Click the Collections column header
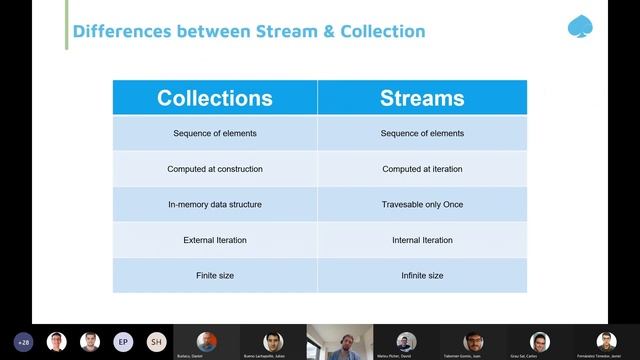pyautogui.click(x=215, y=98)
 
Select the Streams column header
pyautogui.click(x=422, y=98)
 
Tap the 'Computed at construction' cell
pyautogui.click(x=215, y=169)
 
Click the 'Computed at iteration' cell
pyautogui.click(x=422, y=169)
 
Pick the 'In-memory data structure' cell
pyautogui.click(x=215, y=205)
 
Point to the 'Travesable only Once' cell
pyautogui.click(x=422, y=205)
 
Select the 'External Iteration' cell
pyautogui.click(x=215, y=240)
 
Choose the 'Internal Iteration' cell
pyautogui.click(x=422, y=240)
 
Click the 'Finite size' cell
pyautogui.click(x=215, y=275)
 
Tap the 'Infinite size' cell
pyautogui.click(x=422, y=275)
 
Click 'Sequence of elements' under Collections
pyautogui.click(x=215, y=133)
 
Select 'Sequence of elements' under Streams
pyautogui.click(x=422, y=133)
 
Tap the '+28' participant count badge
pyautogui.click(x=24, y=341)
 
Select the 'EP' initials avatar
pyautogui.click(x=123, y=341)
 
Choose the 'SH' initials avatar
pyautogui.click(x=156, y=341)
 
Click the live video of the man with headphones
pyautogui.click(x=339, y=342)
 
